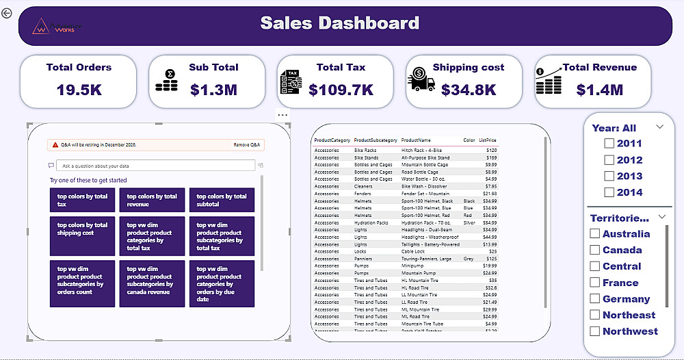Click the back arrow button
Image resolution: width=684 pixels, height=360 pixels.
click(7, 13)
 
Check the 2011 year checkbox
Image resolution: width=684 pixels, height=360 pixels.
click(609, 144)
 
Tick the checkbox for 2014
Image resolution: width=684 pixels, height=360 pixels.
click(609, 192)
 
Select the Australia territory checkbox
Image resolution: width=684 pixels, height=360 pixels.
click(595, 234)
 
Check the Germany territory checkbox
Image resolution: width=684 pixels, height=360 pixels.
click(595, 299)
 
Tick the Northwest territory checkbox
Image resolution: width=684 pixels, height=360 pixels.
click(595, 331)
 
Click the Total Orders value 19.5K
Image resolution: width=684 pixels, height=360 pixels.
click(79, 90)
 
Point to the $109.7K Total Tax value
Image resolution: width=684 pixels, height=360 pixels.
click(341, 90)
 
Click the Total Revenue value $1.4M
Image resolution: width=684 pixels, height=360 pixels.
click(599, 90)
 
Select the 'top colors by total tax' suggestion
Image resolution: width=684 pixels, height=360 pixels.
click(82, 200)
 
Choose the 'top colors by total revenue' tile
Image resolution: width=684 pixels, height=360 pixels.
click(152, 200)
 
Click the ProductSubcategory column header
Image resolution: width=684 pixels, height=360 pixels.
click(375, 140)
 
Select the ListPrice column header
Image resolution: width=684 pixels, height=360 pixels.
click(487, 140)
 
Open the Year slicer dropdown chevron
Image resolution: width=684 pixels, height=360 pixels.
click(660, 127)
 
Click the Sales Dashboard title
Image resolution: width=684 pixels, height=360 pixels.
click(340, 23)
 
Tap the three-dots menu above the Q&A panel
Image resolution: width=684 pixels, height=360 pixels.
click(282, 114)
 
